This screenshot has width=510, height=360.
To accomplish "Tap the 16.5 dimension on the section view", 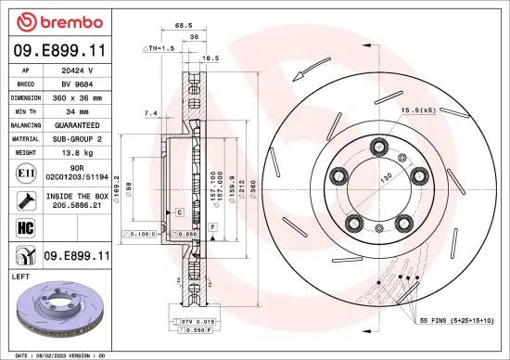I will click(x=210, y=58).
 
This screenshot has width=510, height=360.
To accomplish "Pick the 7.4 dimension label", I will click(x=151, y=112).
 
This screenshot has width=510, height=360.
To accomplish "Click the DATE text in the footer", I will click(x=20, y=354).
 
